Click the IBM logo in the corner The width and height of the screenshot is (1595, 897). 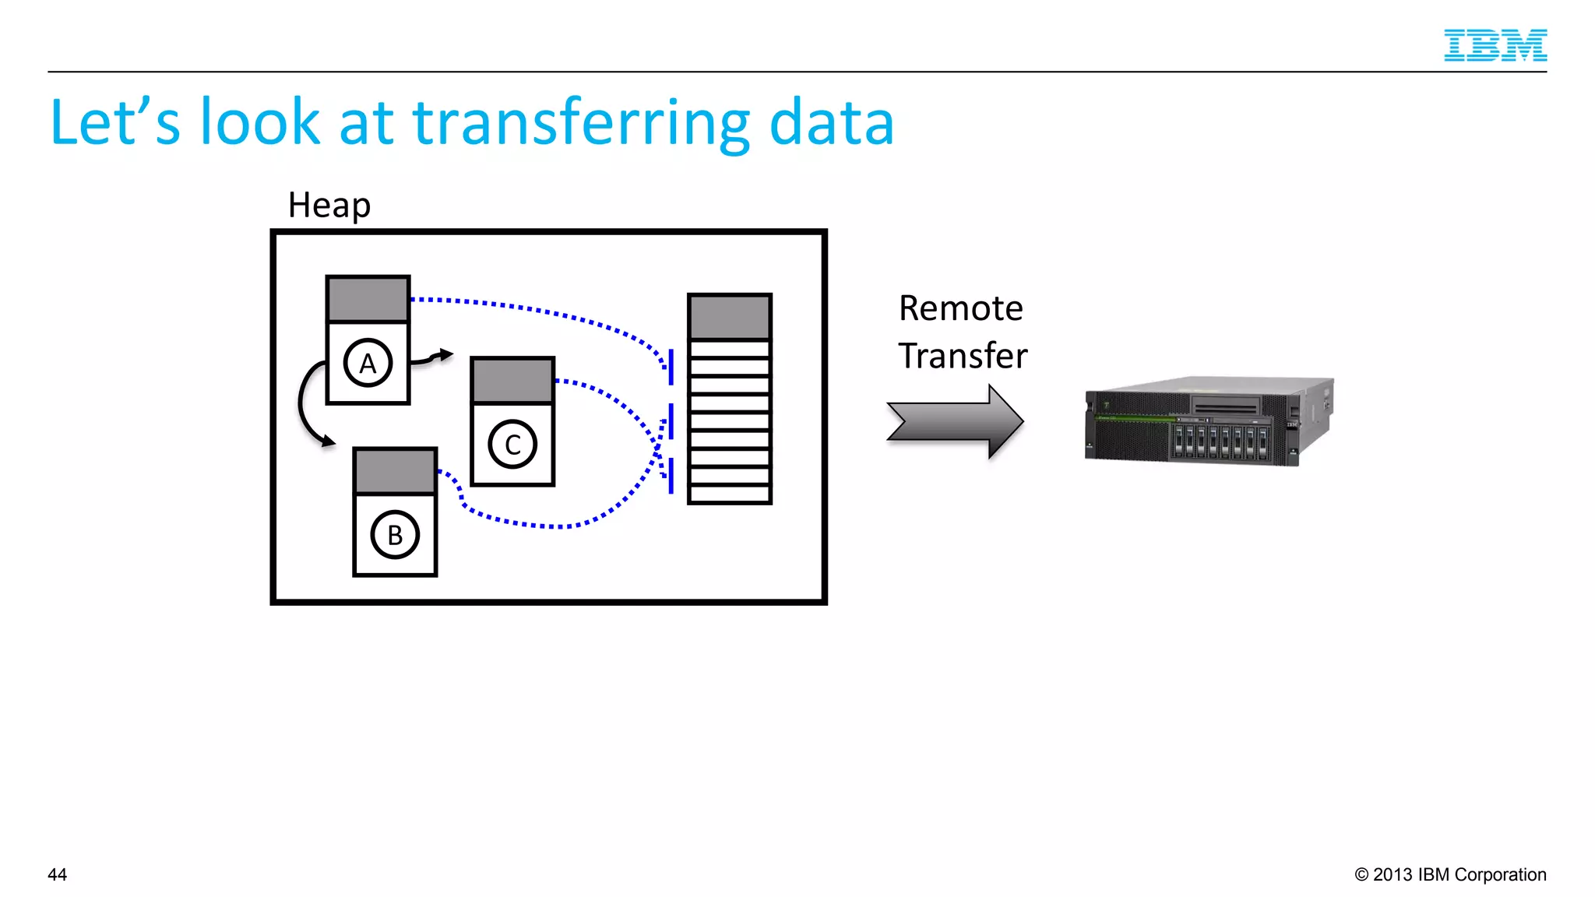(1495, 45)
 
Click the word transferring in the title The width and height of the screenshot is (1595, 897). (581, 123)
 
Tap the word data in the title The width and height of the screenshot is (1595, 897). (831, 123)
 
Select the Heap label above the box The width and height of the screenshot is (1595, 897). (329, 206)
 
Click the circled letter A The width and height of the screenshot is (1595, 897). (368, 363)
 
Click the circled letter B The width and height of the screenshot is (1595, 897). (395, 535)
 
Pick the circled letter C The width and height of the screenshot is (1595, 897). (512, 445)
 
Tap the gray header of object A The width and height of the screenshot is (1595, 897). (368, 299)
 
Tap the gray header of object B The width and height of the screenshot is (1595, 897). (395, 471)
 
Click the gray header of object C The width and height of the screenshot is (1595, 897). (512, 381)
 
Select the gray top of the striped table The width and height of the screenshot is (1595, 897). (730, 317)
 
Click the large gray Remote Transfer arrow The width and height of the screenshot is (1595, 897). (955, 421)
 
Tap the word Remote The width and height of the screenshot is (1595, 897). (960, 308)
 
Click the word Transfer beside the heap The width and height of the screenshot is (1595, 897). (963, 356)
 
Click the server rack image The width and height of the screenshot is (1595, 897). (1209, 421)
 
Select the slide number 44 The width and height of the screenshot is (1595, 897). (58, 874)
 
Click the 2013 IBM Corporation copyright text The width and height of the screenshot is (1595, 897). (1450, 874)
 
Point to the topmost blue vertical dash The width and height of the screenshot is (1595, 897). (671, 367)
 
